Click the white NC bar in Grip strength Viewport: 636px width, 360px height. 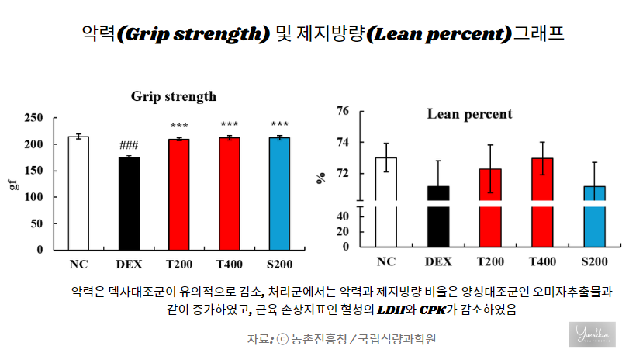click(x=78, y=193)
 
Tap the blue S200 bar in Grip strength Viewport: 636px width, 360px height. click(x=280, y=194)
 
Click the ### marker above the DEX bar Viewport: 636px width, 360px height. click(x=129, y=146)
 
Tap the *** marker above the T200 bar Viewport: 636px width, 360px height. click(x=179, y=126)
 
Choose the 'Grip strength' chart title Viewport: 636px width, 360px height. click(x=174, y=97)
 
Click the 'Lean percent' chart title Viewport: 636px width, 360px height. click(x=469, y=114)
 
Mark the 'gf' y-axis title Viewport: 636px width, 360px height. click(x=12, y=185)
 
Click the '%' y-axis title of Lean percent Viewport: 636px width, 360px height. click(x=320, y=178)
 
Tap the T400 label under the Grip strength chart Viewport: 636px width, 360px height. click(x=230, y=264)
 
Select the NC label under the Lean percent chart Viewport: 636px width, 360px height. click(x=385, y=261)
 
